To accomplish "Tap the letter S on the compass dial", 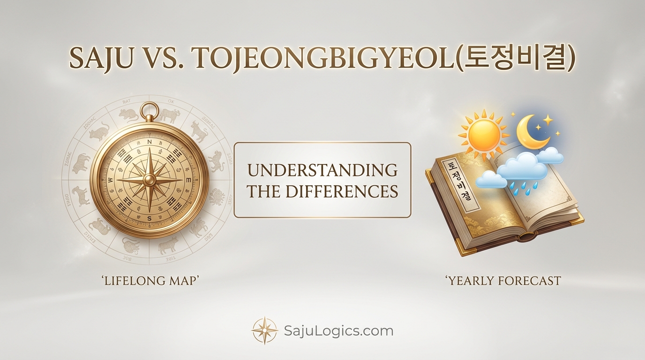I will point(150,219).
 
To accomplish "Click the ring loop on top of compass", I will point(150,111).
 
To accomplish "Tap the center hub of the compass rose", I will point(150,180).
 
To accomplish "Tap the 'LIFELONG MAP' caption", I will point(150,281).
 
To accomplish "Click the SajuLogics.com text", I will point(338,331).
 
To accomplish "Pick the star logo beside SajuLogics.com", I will point(264,330).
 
